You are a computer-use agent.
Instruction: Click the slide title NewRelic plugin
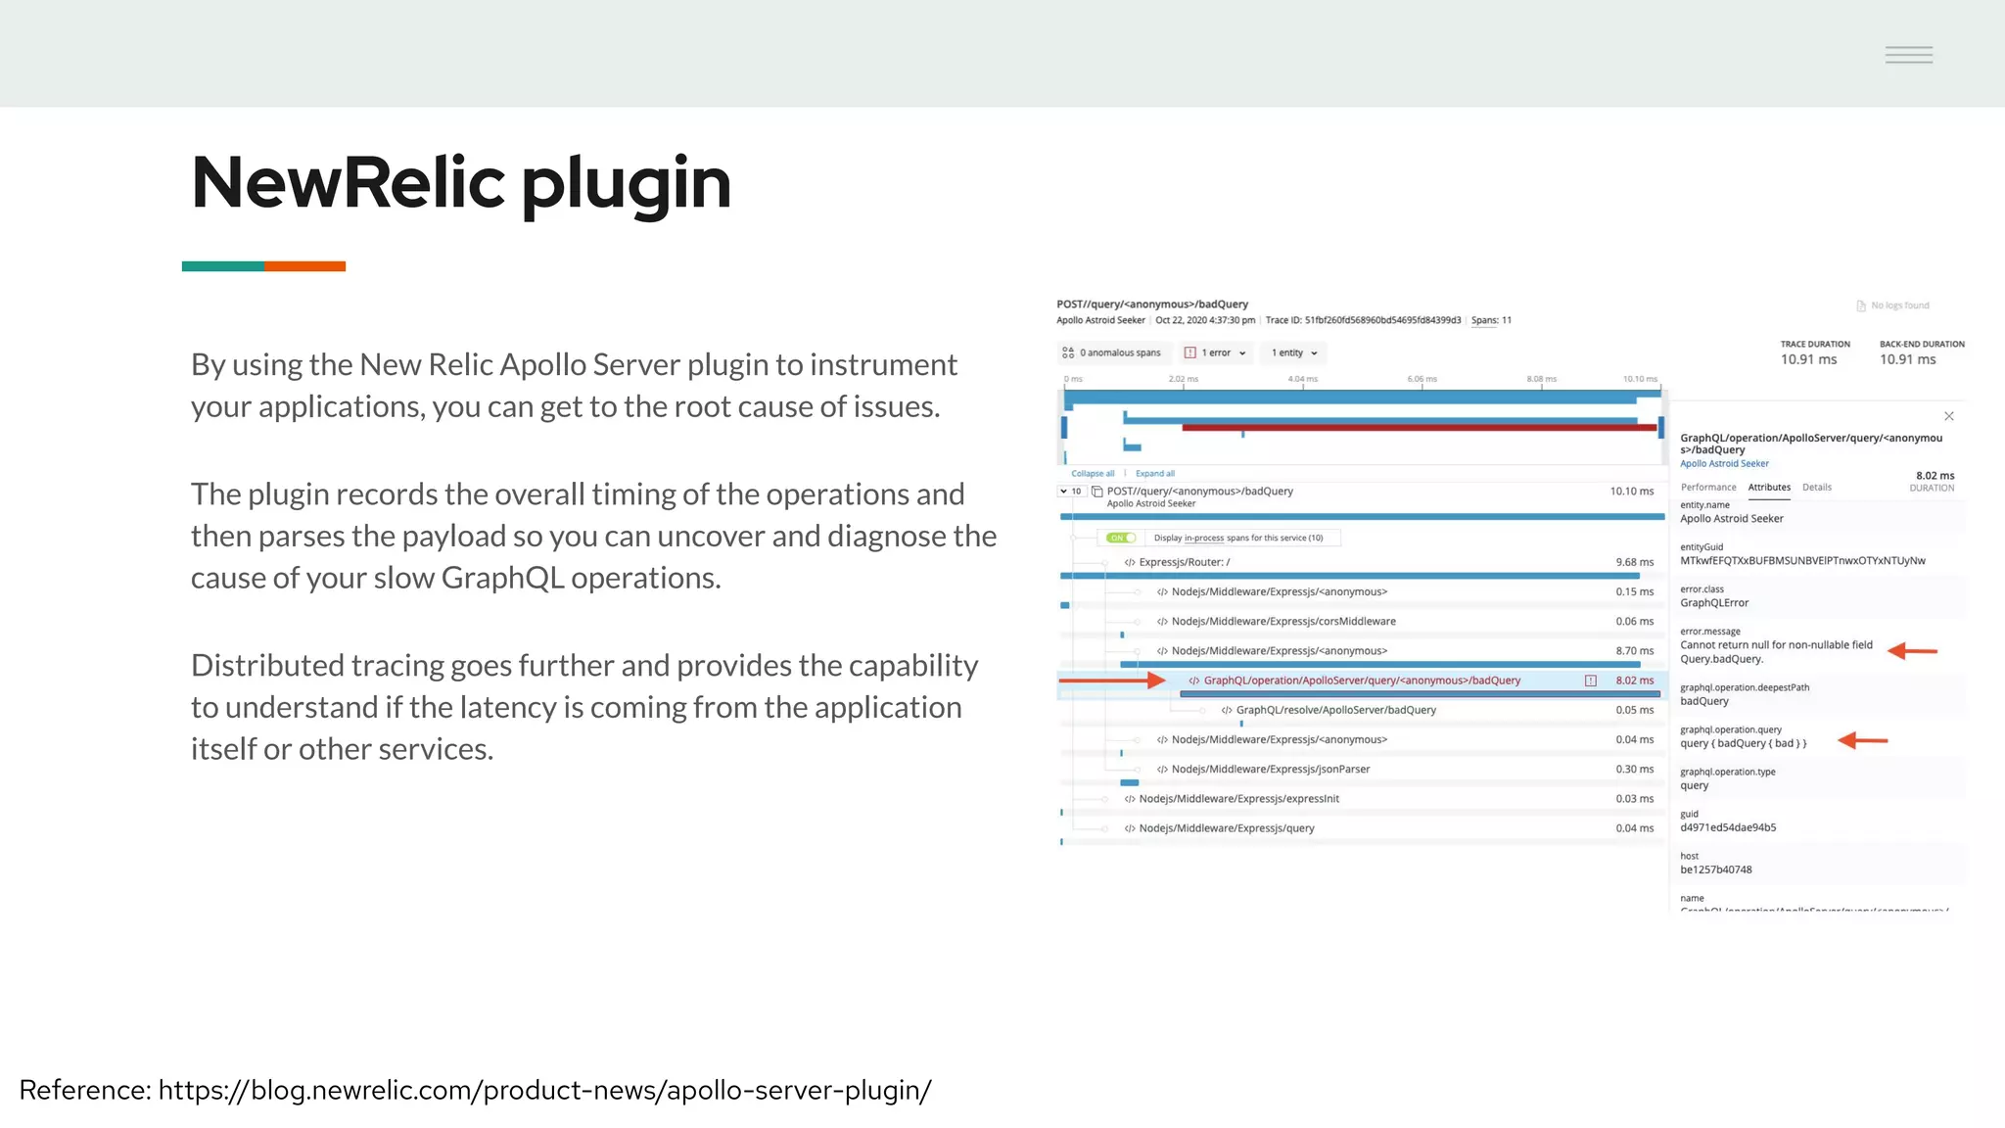[460, 183]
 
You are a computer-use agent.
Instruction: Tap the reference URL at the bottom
[544, 1090]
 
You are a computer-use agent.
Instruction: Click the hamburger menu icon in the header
[1908, 55]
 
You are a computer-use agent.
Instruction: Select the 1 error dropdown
[1215, 352]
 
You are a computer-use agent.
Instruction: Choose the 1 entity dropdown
[1294, 352]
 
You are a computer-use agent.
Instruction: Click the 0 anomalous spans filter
[1112, 352]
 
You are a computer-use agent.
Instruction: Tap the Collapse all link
[1093, 473]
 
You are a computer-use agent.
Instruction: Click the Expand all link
[1155, 473]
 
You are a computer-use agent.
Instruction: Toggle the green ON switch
[1121, 538]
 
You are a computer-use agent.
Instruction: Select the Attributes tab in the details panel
[1769, 487]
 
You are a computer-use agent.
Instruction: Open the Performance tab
[1708, 487]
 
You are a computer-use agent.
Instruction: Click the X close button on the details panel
[1949, 416]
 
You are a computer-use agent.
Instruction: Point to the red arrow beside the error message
[1912, 650]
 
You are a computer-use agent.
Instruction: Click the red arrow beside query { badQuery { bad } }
[1862, 740]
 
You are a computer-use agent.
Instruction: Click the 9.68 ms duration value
[1634, 562]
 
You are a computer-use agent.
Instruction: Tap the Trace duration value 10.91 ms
[1808, 359]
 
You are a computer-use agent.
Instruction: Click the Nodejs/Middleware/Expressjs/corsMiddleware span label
[1282, 621]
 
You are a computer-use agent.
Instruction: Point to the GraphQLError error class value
[1714, 603]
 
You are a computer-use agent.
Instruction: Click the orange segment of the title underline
[304, 266]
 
